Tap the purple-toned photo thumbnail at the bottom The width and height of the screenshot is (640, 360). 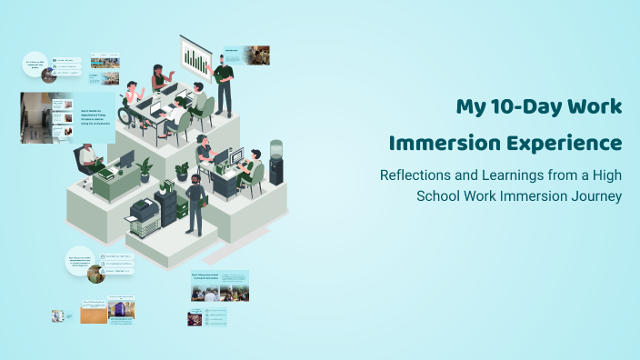click(121, 309)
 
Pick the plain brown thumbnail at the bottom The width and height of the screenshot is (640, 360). click(93, 315)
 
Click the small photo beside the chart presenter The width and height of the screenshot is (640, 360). click(256, 55)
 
